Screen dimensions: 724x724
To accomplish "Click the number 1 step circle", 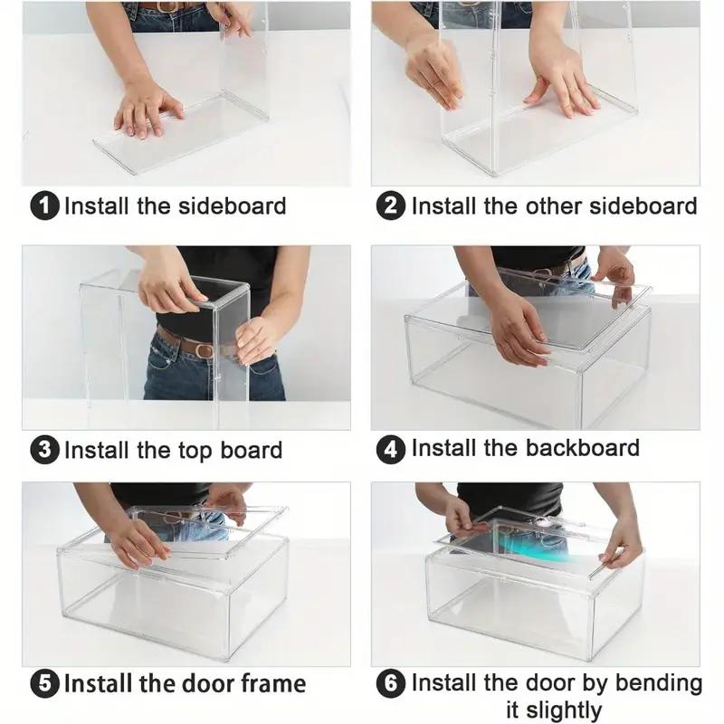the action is [x=44, y=206].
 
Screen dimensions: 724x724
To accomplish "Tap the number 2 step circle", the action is [x=391, y=206].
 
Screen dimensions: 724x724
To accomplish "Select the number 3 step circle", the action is [x=44, y=450].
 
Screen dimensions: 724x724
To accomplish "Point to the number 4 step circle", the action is [x=391, y=450].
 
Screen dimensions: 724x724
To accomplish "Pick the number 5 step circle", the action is [x=44, y=683].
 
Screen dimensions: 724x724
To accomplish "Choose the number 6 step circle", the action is [x=391, y=683].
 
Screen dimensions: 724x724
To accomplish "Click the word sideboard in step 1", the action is [x=233, y=206].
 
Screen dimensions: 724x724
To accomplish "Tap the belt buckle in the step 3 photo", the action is [x=204, y=350].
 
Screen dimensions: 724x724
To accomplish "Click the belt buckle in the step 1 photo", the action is [x=165, y=6].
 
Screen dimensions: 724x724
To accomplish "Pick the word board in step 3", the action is [x=252, y=450].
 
